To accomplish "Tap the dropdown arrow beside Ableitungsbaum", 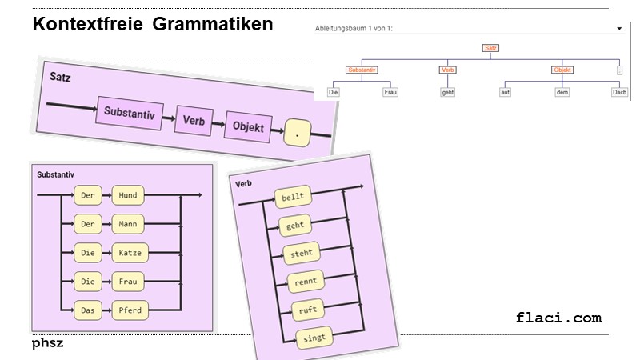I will click(x=619, y=29).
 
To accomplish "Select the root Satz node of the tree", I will click(x=491, y=48).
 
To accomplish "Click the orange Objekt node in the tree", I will click(x=562, y=70).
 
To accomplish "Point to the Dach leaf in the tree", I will click(x=619, y=92).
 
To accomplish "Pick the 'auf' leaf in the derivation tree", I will click(x=505, y=92).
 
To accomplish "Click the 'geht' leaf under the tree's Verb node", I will click(x=448, y=92).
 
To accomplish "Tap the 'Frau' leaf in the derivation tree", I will click(x=390, y=92).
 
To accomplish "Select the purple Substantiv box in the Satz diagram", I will click(x=130, y=113).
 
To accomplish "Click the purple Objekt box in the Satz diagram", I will click(x=249, y=126).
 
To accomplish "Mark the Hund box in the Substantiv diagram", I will click(x=128, y=195).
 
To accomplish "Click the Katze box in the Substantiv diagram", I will click(x=130, y=253).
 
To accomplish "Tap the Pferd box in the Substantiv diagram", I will click(x=130, y=310).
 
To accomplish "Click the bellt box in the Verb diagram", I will click(x=294, y=198).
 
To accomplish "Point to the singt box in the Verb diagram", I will click(x=314, y=338).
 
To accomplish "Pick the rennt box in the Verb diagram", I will click(x=306, y=282).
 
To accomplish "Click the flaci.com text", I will click(x=558, y=318).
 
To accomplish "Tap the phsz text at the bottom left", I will click(x=48, y=343).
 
